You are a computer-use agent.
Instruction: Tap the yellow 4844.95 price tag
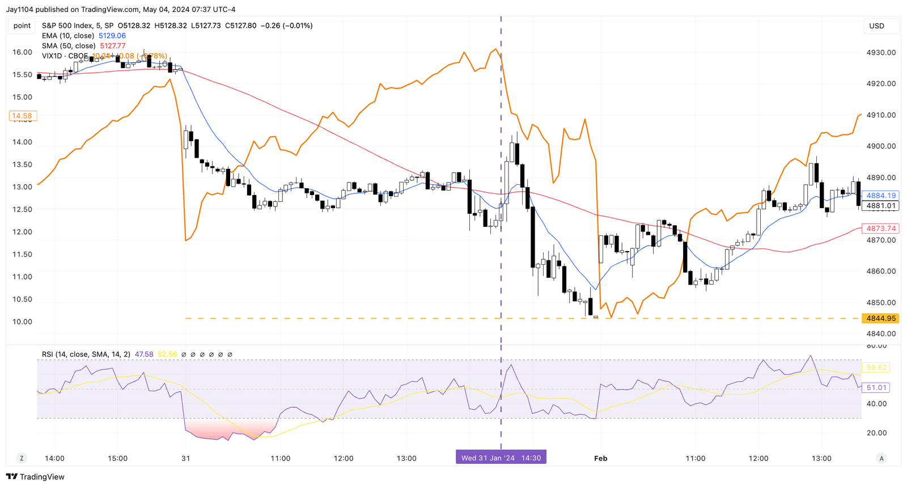(x=880, y=319)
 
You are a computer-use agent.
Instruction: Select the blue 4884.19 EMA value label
(x=880, y=196)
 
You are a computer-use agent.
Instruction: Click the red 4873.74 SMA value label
(x=880, y=228)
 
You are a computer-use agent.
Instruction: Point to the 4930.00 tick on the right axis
(x=881, y=53)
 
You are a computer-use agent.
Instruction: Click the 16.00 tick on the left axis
(x=22, y=52)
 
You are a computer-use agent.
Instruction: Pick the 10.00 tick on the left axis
(x=22, y=322)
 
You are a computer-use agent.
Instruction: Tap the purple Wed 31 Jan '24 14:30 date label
(x=501, y=458)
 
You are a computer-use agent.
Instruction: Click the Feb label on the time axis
(x=600, y=458)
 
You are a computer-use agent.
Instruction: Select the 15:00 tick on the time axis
(x=118, y=458)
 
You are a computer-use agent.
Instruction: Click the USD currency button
(x=876, y=26)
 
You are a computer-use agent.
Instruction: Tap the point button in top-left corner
(x=22, y=26)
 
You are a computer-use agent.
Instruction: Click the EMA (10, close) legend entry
(x=68, y=36)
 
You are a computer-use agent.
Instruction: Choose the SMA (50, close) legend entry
(x=69, y=46)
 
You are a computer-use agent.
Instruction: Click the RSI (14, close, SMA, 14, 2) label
(x=86, y=354)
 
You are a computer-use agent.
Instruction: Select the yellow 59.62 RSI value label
(x=876, y=368)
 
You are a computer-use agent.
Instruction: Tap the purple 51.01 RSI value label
(x=876, y=388)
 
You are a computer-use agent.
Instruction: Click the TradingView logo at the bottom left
(x=35, y=477)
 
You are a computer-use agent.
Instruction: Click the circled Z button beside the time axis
(x=22, y=458)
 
